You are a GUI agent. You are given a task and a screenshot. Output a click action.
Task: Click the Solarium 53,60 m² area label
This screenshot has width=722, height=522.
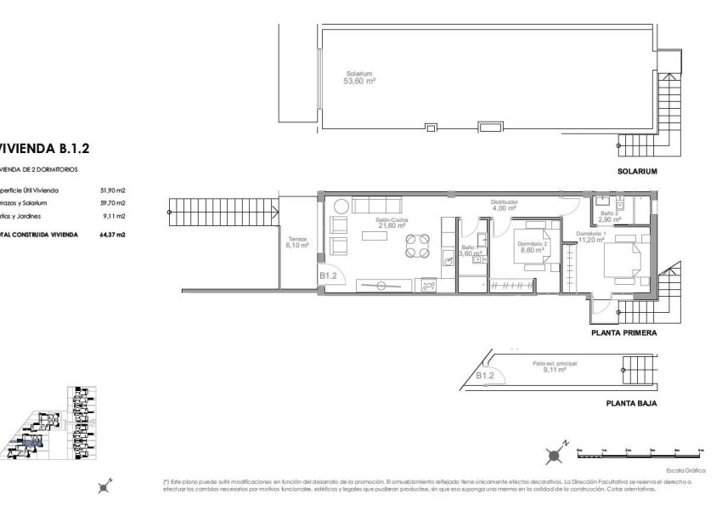pyautogui.click(x=359, y=77)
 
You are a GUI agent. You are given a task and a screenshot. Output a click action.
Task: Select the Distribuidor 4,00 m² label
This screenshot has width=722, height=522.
pyautogui.click(x=505, y=205)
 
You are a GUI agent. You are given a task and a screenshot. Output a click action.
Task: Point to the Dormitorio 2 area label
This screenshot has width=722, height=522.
pyautogui.click(x=534, y=247)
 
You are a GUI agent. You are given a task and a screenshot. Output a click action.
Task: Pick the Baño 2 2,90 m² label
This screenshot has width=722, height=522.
pyautogui.click(x=607, y=216)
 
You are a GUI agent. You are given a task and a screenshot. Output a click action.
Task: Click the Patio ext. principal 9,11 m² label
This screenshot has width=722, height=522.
pyautogui.click(x=555, y=366)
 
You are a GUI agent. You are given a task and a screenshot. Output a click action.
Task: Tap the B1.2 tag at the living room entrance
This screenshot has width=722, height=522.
pyautogui.click(x=329, y=276)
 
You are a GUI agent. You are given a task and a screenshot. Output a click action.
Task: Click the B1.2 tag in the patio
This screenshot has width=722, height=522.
pyautogui.click(x=484, y=375)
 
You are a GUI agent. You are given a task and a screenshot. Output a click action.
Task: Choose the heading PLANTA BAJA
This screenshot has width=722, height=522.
pyautogui.click(x=629, y=404)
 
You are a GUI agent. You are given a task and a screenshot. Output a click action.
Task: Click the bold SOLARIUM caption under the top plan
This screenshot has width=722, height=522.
pyautogui.click(x=639, y=171)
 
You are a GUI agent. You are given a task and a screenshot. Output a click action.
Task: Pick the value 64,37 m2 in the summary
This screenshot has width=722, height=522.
pyautogui.click(x=112, y=234)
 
